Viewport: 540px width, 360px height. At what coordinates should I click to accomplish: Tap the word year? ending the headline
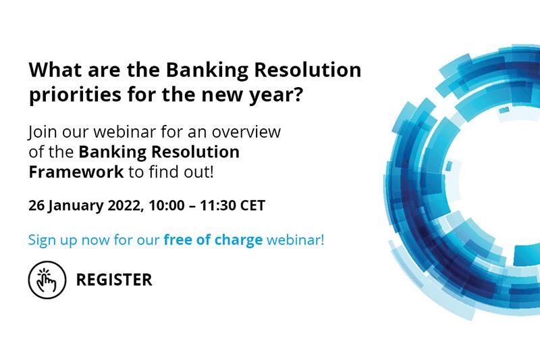pos(275,96)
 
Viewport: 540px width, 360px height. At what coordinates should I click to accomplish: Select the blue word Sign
pos(40,240)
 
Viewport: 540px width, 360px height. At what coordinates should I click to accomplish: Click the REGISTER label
pos(114,279)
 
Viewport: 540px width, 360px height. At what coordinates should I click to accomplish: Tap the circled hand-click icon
pos(47,279)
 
